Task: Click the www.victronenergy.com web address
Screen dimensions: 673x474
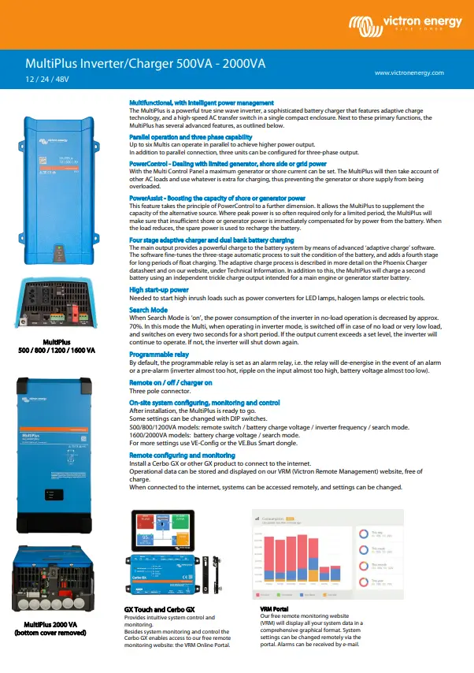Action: click(409, 73)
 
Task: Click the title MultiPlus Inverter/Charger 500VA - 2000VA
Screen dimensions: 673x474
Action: click(145, 63)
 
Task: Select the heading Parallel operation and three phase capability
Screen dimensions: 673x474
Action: click(184, 137)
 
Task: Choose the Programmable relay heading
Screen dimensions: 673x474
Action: click(162, 354)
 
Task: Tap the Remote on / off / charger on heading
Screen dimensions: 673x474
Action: click(171, 381)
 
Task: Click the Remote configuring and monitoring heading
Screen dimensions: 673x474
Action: click(182, 455)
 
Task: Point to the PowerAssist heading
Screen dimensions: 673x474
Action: click(217, 198)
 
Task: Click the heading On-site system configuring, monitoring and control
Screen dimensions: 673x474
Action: click(204, 402)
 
